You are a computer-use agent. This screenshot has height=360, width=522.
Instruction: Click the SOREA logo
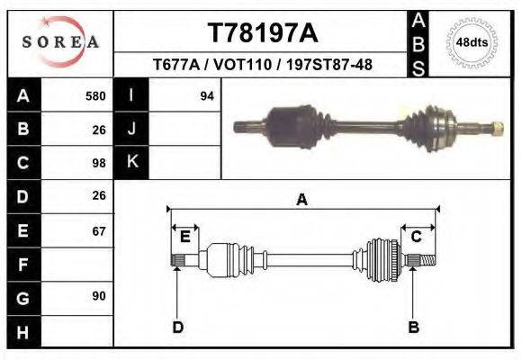tap(59, 42)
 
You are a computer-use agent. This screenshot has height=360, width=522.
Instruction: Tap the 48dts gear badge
tap(472, 42)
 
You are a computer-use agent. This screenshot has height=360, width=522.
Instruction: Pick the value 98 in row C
tap(99, 164)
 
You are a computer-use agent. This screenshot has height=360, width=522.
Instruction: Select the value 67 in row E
tap(99, 231)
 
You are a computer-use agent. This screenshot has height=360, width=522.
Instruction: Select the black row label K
tap(131, 162)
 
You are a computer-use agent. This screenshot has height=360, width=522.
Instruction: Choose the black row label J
tap(131, 129)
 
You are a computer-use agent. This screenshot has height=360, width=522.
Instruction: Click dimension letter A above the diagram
tap(301, 200)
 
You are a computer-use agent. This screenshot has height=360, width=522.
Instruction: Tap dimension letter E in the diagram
tap(184, 237)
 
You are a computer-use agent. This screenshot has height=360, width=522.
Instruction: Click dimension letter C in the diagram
tap(417, 237)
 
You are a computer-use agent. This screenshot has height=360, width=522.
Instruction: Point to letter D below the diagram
tap(177, 328)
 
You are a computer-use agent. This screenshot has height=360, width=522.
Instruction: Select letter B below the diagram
tap(414, 328)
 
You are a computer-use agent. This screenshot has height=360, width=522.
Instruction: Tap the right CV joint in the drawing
tap(382, 258)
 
